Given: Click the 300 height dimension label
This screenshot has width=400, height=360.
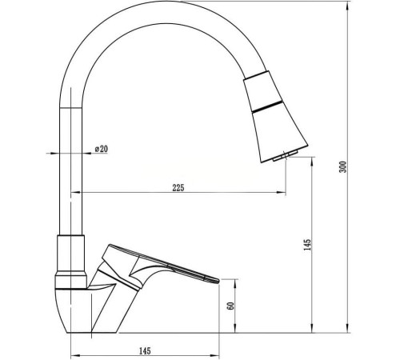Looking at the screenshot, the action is [x=343, y=166].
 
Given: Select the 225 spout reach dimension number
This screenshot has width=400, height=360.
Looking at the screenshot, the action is [x=178, y=188].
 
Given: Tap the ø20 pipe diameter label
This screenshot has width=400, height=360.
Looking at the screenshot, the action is [x=102, y=149].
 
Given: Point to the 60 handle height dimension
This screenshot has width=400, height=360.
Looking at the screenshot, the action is [x=231, y=306].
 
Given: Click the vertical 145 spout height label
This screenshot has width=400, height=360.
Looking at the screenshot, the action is [x=307, y=245].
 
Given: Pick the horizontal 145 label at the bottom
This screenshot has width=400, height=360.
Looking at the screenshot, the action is [x=145, y=351].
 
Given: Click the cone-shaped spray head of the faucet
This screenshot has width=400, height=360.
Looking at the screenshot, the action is [x=274, y=117].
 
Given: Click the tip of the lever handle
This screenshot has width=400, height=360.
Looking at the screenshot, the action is [x=218, y=280].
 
